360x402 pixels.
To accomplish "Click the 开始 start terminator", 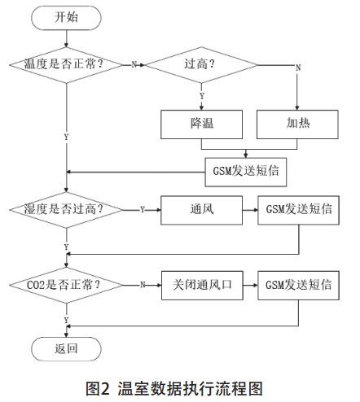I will pyautogui.click(x=66, y=16).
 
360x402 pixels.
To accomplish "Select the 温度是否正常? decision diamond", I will pyautogui.click(x=65, y=63).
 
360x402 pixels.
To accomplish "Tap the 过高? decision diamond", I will pyautogui.click(x=201, y=63).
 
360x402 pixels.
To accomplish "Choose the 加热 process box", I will pyautogui.click(x=298, y=123).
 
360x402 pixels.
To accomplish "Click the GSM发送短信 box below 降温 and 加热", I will pyautogui.click(x=245, y=171).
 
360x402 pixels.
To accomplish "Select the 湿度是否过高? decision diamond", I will pyautogui.click(x=65, y=209).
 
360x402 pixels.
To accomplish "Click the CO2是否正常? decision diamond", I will pyautogui.click(x=65, y=285).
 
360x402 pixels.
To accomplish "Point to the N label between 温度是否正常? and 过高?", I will pyautogui.click(x=134, y=64).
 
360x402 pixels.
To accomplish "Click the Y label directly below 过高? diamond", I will pyautogui.click(x=201, y=96).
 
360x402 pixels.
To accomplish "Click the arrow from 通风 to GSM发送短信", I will pyautogui.click(x=248, y=209).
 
